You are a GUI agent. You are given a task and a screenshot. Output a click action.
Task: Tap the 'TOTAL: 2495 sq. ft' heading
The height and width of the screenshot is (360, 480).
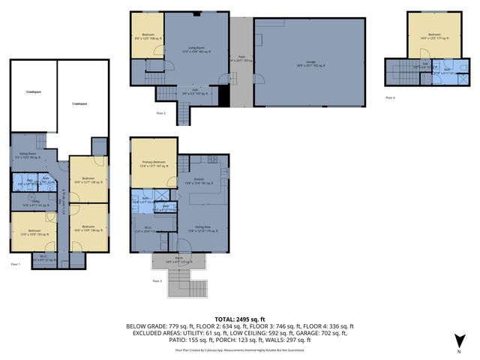(239, 319)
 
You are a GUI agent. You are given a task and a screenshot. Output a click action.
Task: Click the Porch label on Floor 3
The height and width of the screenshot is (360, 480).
(178, 259)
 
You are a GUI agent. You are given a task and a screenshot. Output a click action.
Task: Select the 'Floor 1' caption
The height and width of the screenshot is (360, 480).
(15, 265)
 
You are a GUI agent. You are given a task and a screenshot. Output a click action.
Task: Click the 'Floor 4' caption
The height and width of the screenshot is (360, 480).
(389, 97)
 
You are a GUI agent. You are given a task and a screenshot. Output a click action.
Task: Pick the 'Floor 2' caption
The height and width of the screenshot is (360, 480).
(160, 113)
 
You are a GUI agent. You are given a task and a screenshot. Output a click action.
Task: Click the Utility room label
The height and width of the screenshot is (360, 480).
(28, 203)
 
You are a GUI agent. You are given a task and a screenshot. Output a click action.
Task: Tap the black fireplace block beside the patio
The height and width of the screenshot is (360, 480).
(223, 95)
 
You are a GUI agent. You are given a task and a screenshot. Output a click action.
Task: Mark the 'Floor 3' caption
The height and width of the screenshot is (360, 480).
(157, 280)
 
